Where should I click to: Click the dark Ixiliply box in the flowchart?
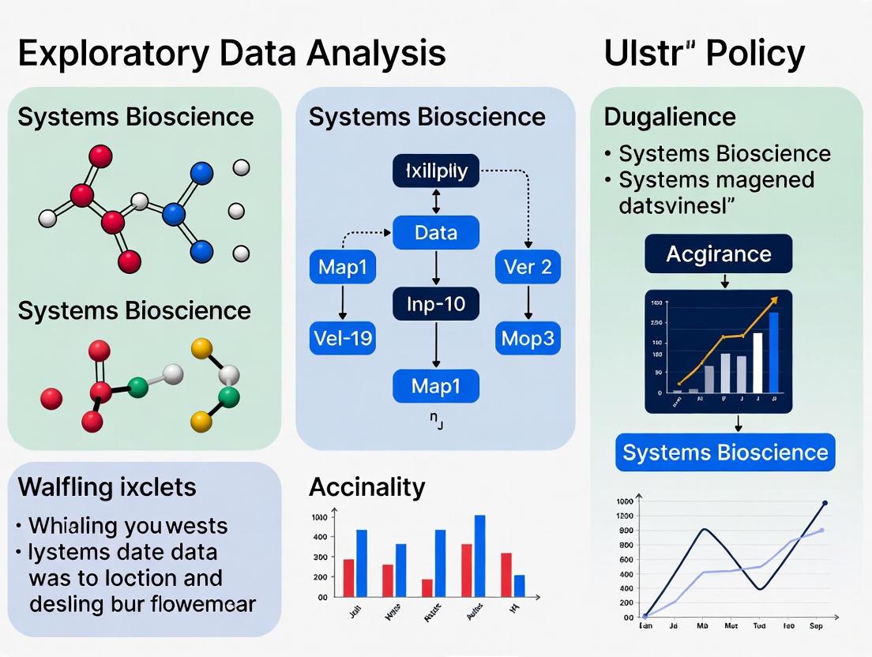[x=435, y=171]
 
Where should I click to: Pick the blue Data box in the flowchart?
[x=435, y=233]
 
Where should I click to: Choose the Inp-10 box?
[x=435, y=304]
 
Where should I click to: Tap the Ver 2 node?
[x=528, y=267]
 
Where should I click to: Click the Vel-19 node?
[x=341, y=340]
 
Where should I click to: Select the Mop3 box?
[x=528, y=340]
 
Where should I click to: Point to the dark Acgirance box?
[x=718, y=254]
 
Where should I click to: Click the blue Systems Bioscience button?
[x=725, y=452]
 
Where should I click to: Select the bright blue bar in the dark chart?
[x=773, y=352]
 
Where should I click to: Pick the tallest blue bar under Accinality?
[x=479, y=555]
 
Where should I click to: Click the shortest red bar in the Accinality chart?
[x=427, y=588]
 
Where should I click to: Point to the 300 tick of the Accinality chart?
[x=319, y=557]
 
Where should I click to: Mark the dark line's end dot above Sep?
[x=825, y=503]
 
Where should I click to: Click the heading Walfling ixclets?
[x=107, y=486]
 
